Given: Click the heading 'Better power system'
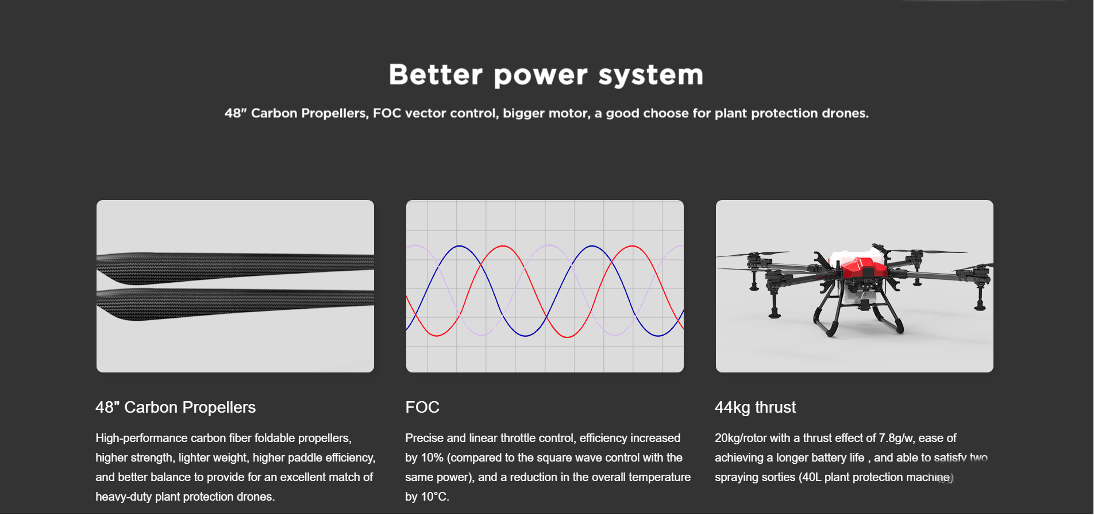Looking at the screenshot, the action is point(546,75).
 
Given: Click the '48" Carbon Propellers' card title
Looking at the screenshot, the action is point(176,408).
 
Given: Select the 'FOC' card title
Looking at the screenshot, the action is point(422,408).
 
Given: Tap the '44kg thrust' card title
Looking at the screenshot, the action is point(756,408).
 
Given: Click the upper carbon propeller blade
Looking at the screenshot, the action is point(236,268).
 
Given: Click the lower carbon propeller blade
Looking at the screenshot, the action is point(236,303).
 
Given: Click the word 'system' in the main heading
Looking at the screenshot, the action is point(651,75).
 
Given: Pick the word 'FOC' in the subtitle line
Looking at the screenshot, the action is point(387,113).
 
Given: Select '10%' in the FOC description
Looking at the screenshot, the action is point(432,458).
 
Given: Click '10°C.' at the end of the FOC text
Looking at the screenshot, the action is point(436,497).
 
